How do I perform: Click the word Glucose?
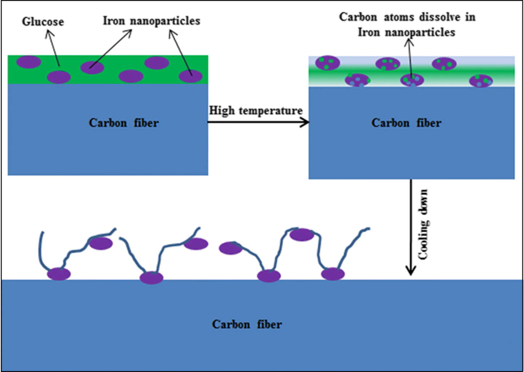coord(43,22)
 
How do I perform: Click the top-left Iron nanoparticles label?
coord(151,21)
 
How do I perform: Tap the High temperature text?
coord(256,111)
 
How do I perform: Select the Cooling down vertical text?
coord(423,224)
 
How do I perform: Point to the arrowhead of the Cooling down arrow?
coord(411,271)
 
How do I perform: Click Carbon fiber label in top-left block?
coord(124,123)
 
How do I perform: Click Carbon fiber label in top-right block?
coord(406,123)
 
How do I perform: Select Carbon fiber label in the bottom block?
coord(247,324)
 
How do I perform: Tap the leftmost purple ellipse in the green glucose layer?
coord(29,62)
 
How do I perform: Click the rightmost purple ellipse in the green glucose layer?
coord(191,76)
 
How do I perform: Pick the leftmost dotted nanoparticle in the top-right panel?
coord(327,63)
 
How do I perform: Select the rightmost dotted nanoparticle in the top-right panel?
coord(481,81)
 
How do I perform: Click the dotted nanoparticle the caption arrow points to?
coord(412,80)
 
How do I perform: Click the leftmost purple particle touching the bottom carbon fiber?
coord(59,274)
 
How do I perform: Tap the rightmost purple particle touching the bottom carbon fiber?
coord(333,274)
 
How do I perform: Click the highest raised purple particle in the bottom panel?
coord(301,235)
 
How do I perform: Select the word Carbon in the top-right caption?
coord(358,17)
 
